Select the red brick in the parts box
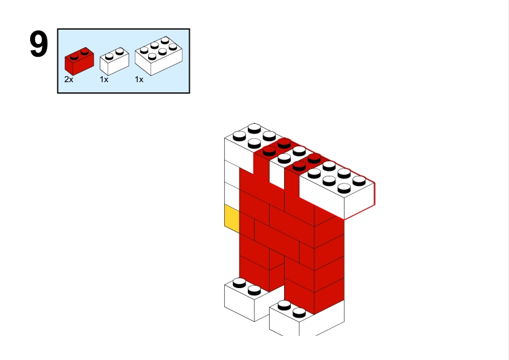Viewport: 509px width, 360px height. click(79, 61)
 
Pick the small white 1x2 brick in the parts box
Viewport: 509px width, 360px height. click(114, 61)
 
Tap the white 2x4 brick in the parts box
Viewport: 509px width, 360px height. click(158, 56)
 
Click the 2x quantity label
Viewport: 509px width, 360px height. click(69, 80)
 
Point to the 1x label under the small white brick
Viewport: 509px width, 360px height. click(104, 80)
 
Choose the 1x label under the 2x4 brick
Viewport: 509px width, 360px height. click(139, 80)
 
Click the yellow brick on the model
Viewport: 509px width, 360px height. click(232, 219)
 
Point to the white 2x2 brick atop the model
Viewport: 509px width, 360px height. click(250, 143)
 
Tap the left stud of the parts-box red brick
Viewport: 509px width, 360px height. click(74, 56)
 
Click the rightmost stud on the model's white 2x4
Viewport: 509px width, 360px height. click(359, 181)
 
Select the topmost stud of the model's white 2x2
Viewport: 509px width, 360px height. click(254, 129)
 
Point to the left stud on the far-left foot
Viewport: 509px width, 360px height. click(239, 283)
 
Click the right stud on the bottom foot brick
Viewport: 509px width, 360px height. click(299, 313)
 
